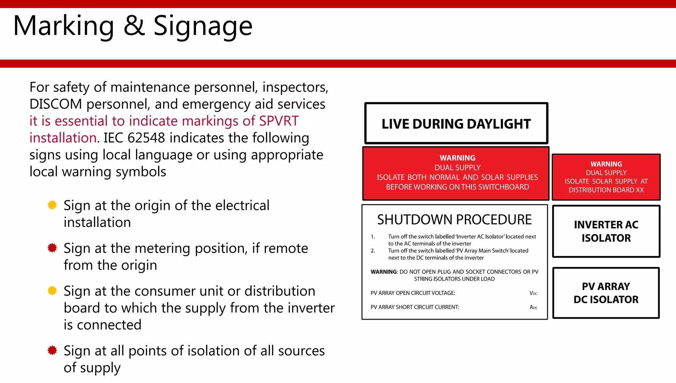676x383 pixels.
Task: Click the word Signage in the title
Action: pos(203,26)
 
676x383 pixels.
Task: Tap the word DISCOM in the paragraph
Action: pos(55,104)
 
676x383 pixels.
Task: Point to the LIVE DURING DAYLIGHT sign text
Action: pos(456,124)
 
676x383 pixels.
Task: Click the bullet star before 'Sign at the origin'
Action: pos(52,205)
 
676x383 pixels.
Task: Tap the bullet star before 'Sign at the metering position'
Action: pos(52,248)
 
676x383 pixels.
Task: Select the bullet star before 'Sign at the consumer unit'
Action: pos(52,291)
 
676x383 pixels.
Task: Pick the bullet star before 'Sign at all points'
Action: pos(52,350)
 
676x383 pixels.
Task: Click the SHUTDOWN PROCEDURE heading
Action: pos(454,220)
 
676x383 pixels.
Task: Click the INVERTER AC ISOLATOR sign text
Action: pos(606,231)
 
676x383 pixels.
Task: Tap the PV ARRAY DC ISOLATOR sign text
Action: pos(606,293)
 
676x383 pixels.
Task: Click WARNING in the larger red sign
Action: pos(457,158)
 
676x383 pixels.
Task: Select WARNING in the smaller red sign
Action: pos(606,164)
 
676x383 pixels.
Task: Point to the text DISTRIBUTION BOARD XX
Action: pos(606,190)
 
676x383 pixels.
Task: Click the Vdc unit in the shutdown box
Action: pos(533,293)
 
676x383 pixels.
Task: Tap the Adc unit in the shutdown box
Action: pos(533,307)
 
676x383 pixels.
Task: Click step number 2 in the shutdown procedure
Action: pos(373,251)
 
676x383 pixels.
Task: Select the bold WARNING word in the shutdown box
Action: pos(383,272)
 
